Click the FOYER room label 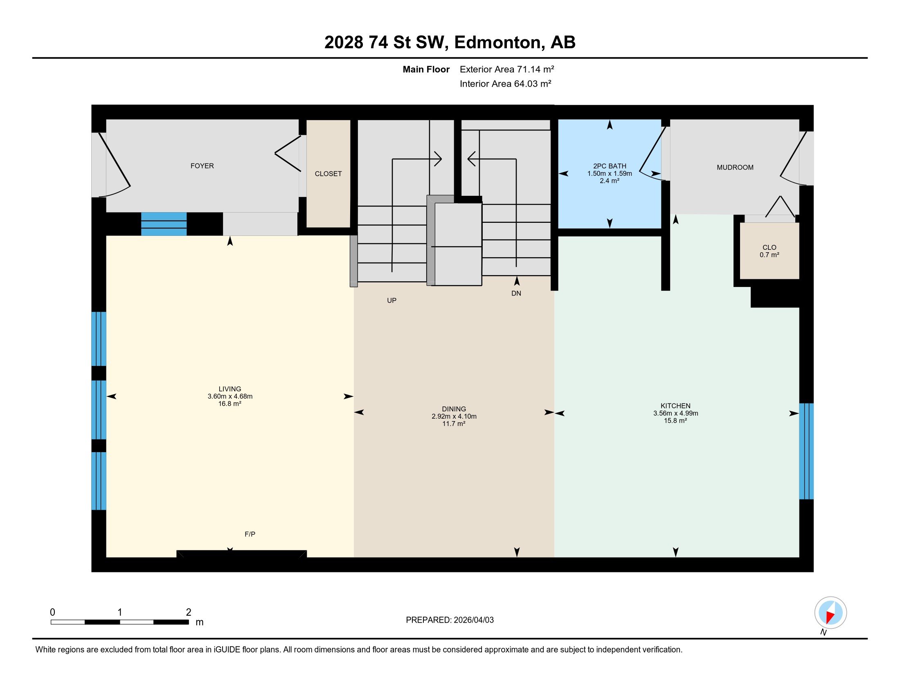[x=202, y=166]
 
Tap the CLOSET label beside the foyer [x=328, y=174]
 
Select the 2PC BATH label [x=610, y=166]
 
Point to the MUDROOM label [x=735, y=167]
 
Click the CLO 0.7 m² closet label [x=769, y=251]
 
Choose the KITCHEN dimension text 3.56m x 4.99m [x=675, y=413]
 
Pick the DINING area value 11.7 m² [x=454, y=424]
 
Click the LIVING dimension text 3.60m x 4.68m [x=230, y=396]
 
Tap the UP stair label [x=391, y=300]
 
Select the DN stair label [x=516, y=293]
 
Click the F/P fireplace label [x=250, y=534]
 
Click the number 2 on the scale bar [x=188, y=612]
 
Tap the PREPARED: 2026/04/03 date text [x=450, y=620]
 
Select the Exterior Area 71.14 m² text [x=507, y=69]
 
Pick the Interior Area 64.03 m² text [x=505, y=83]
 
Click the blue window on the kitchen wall [x=806, y=451]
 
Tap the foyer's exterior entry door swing [x=115, y=165]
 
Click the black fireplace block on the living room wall [x=241, y=554]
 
